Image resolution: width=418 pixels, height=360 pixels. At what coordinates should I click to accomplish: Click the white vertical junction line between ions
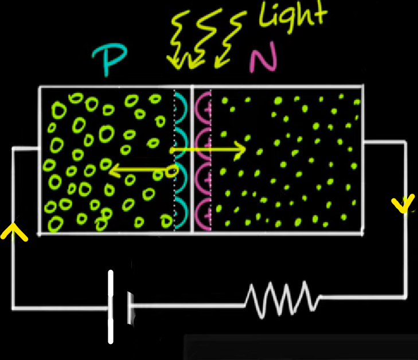(193, 161)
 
